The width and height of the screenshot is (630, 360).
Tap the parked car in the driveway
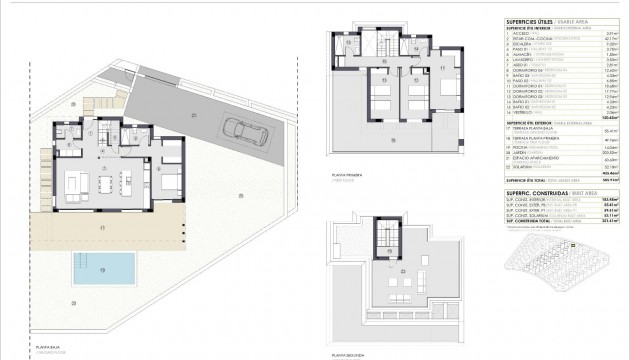click(242, 129)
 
